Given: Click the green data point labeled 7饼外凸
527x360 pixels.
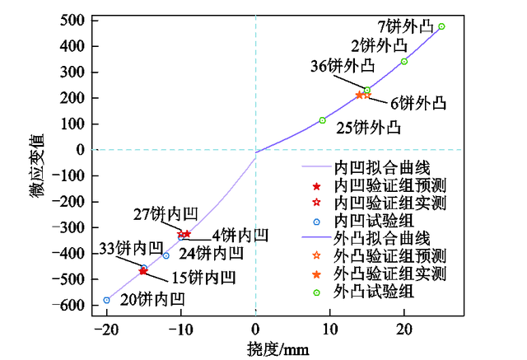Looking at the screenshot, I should [441, 26].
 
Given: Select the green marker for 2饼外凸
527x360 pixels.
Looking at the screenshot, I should [404, 61].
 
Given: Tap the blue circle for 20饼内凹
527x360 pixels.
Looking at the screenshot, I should [106, 300].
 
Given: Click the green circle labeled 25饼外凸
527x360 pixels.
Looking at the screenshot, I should [323, 120].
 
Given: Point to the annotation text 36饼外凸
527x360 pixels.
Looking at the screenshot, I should [342, 65].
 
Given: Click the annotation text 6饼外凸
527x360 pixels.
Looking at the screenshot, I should [417, 104].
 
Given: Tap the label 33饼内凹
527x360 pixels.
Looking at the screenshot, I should [126, 248].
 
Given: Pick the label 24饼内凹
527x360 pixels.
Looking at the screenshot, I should [212, 253].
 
